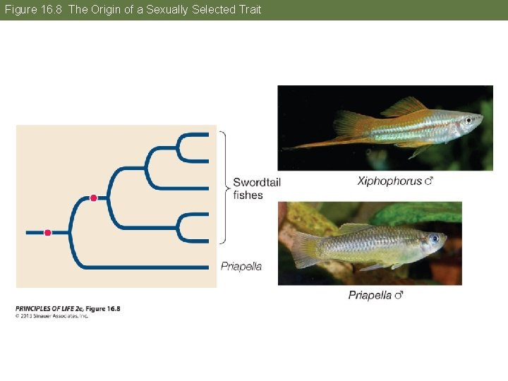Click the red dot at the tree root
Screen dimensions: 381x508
(x=48, y=232)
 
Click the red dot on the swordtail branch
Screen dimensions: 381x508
(x=93, y=198)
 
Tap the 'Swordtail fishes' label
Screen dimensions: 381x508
(x=256, y=188)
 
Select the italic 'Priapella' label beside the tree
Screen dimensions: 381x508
(x=241, y=266)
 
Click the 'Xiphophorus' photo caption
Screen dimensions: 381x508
(x=389, y=181)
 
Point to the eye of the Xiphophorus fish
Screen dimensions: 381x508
(x=467, y=121)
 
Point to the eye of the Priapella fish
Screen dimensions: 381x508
(x=433, y=238)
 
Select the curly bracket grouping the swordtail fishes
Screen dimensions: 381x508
(x=225, y=187)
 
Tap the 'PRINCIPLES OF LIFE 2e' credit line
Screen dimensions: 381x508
(x=68, y=308)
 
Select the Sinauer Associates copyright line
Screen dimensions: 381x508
(x=52, y=315)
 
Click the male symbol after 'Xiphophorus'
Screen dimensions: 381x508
(x=428, y=181)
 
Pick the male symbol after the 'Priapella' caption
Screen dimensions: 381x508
(x=399, y=296)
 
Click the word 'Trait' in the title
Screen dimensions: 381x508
(x=247, y=9)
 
